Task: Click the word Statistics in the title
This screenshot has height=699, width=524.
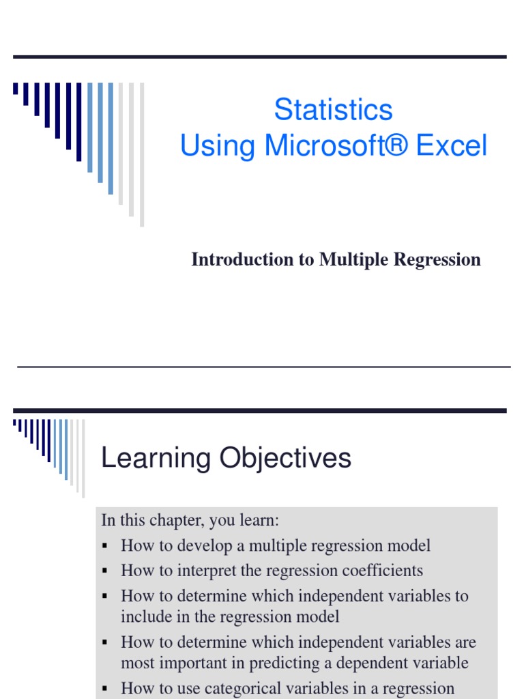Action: (x=333, y=110)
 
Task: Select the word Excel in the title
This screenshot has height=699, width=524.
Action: (x=452, y=145)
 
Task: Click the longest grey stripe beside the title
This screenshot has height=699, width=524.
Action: (x=142, y=155)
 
